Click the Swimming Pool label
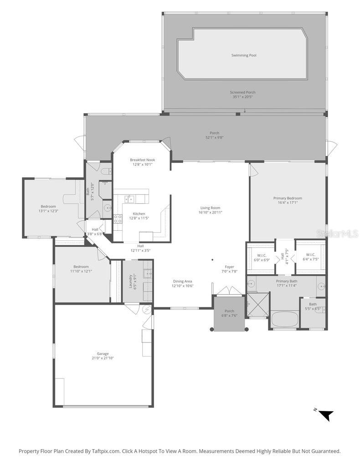coord(243,55)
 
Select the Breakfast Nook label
coord(142,160)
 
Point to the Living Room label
coord(210,208)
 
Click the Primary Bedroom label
coord(288,198)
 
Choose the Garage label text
coord(103,353)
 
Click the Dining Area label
coord(182,281)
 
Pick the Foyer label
coord(229,267)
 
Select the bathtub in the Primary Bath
coord(285,318)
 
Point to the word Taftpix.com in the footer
coord(106,451)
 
